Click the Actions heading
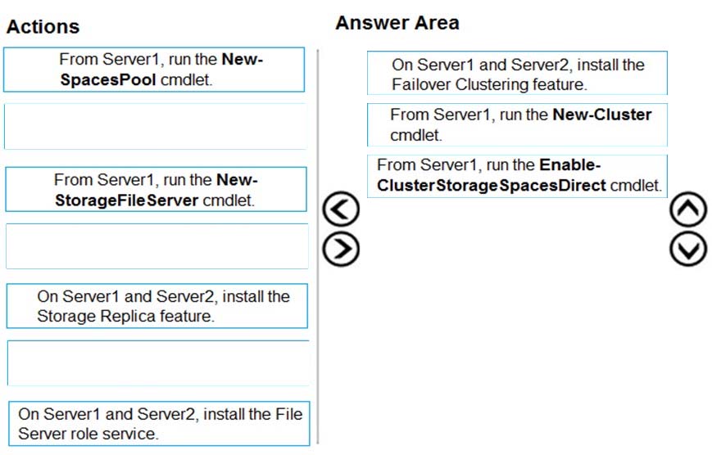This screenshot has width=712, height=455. tap(43, 27)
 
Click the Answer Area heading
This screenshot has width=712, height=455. tap(397, 23)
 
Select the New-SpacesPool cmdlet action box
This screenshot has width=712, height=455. tap(154, 70)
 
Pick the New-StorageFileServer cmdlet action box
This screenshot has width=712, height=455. tap(156, 189)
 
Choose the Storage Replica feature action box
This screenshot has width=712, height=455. tap(157, 306)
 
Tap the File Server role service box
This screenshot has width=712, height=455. tap(159, 423)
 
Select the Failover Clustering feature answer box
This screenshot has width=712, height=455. tap(517, 73)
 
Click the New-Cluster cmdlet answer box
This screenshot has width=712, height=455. tap(517, 124)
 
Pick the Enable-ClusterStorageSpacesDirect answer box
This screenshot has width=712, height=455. tap(517, 176)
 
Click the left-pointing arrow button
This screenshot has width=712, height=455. tap(341, 209)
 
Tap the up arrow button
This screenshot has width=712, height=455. tap(688, 209)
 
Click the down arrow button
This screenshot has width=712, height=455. tap(688, 249)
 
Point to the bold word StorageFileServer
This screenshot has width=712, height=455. tap(127, 200)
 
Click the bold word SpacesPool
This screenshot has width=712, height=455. tap(108, 80)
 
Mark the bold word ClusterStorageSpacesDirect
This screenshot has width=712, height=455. tap(492, 186)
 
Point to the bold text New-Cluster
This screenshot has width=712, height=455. tap(602, 115)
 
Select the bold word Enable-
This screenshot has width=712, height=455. tap(570, 164)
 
